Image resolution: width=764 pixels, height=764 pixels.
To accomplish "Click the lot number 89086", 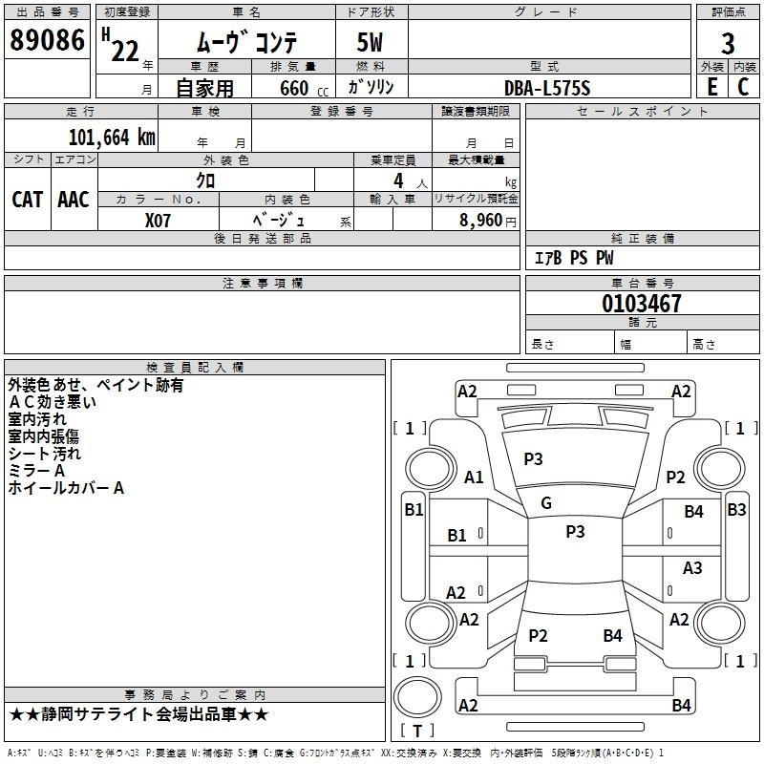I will (x=46, y=41).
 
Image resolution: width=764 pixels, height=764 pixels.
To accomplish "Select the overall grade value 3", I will (x=728, y=44).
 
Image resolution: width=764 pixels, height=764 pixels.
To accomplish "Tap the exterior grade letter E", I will (x=712, y=86).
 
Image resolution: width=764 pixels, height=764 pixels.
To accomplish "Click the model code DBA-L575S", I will (x=547, y=88).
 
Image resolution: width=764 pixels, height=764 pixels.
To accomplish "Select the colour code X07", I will (x=159, y=219).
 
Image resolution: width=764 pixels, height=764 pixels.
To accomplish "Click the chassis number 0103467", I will (x=642, y=304).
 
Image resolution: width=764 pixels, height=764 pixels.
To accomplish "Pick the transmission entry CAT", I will (x=28, y=200).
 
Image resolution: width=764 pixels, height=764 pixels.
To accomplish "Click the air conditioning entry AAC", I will (x=74, y=200).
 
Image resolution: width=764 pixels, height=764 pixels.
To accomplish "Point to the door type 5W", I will (x=371, y=43).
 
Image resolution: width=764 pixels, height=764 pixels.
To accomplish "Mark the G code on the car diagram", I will (x=546, y=502).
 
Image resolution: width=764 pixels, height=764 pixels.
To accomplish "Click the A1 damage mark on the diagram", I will (x=474, y=477).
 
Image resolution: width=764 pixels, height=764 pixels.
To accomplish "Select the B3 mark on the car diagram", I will (x=736, y=509).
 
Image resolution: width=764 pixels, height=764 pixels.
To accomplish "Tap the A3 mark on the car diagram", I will (x=692, y=568).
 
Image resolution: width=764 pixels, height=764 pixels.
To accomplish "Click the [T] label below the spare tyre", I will (x=417, y=731).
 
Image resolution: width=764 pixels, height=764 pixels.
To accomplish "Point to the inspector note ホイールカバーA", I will (x=66, y=488).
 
